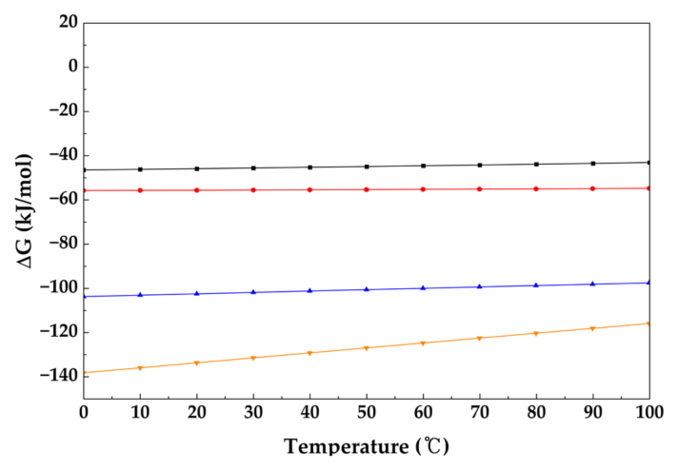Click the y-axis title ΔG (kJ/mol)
tap(24, 211)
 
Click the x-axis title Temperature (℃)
tap(367, 445)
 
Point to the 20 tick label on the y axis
tap(69, 22)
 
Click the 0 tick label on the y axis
tap(73, 66)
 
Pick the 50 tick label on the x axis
tap(367, 412)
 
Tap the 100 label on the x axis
tap(649, 412)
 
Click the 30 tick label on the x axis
tap(253, 412)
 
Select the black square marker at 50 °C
tap(367, 167)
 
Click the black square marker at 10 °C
tap(140, 169)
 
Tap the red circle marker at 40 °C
tap(310, 189)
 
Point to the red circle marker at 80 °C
tap(536, 188)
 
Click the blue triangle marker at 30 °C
tap(253, 292)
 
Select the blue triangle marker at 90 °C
tap(593, 284)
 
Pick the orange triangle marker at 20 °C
tap(197, 363)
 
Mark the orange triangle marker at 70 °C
tap(480, 339)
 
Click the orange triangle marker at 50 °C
tap(367, 348)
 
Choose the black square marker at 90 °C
tap(593, 164)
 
